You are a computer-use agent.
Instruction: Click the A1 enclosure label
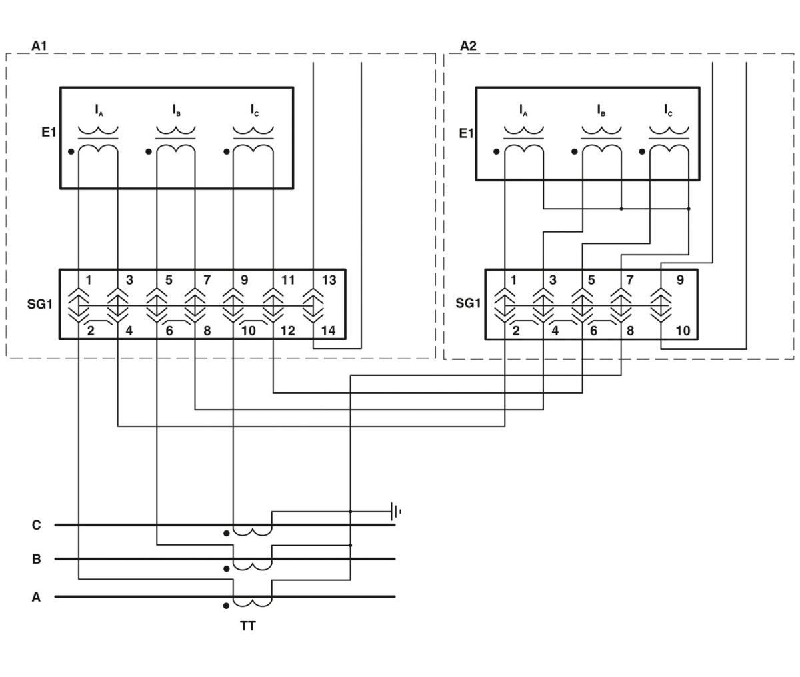point(39,46)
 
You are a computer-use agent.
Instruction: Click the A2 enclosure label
point(469,46)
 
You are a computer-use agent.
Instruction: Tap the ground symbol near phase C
point(395,512)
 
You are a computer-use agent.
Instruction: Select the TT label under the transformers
point(248,626)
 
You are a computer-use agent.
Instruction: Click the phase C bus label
point(36,525)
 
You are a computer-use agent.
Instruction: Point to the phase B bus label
point(36,559)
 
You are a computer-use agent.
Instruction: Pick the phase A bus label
point(36,597)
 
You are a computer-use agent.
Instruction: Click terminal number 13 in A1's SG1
point(329,280)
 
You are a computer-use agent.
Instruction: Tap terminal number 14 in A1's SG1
point(329,330)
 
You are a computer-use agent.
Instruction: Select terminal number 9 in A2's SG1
point(680,280)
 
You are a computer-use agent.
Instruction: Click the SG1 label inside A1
point(39,305)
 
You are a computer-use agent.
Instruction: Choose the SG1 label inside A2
point(468,303)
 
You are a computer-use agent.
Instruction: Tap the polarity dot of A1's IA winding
point(71,151)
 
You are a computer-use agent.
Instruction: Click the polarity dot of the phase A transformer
point(227,606)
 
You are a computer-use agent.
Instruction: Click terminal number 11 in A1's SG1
point(287,280)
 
